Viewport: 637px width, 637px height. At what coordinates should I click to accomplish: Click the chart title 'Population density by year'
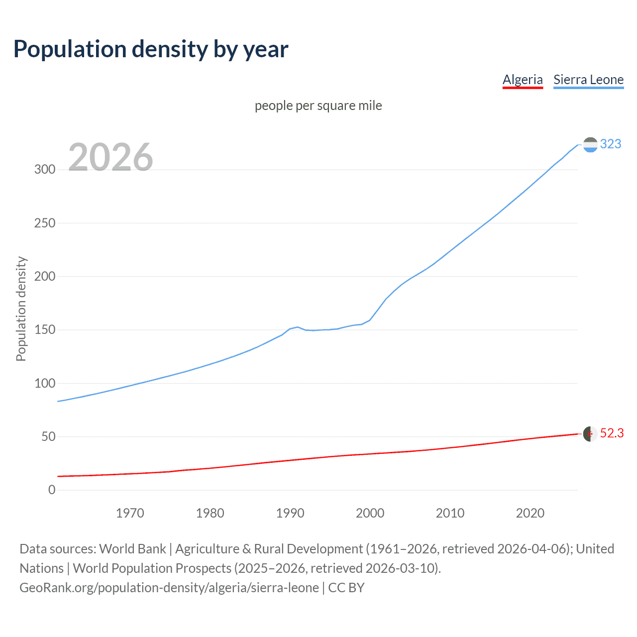151,49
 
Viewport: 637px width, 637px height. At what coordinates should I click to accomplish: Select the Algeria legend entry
523,80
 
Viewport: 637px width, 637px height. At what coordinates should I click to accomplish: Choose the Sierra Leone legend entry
588,80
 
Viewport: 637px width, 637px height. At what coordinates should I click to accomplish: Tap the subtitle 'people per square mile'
318,106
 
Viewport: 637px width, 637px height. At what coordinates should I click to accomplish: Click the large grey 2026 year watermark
110,157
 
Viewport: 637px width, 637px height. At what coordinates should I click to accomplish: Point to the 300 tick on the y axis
45,169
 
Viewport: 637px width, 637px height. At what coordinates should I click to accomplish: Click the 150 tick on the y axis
45,330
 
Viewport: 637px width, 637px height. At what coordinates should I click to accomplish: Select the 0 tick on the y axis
52,490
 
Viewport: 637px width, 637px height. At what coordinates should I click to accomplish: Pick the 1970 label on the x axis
130,513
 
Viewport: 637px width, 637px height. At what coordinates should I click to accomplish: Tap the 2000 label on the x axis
370,513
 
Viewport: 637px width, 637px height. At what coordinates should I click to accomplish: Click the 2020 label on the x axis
530,513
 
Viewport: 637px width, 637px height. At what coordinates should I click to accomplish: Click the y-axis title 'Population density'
21,309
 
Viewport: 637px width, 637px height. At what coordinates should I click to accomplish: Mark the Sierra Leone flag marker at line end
590,144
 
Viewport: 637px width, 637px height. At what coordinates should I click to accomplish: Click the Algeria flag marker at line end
590,433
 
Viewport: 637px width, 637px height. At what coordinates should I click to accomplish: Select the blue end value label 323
611,144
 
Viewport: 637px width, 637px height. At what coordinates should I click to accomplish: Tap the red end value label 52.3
612,433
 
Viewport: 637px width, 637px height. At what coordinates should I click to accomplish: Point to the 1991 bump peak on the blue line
297,327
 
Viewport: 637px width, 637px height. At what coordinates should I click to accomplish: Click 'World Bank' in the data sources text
132,549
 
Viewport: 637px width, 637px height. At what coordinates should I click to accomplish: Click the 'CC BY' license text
346,588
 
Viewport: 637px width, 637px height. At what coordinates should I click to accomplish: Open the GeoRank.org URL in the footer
169,588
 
